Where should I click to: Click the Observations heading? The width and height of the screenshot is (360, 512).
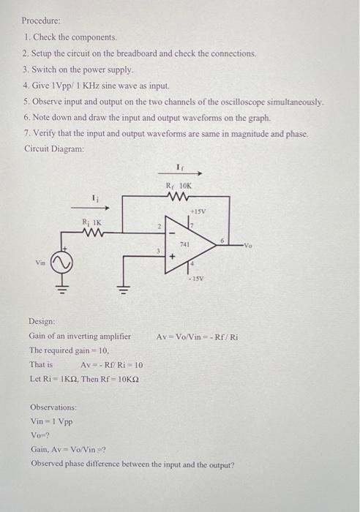(x=53, y=406)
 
